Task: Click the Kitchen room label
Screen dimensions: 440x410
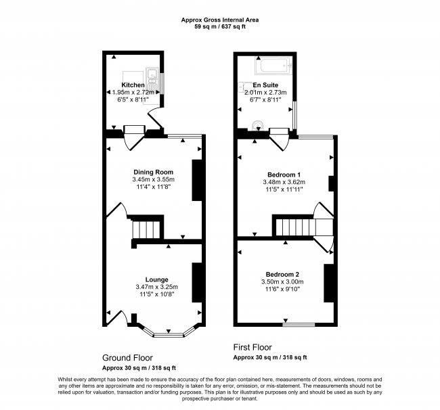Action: (x=133, y=85)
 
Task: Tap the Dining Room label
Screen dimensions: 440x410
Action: (x=153, y=172)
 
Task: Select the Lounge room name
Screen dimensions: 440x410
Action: (x=157, y=279)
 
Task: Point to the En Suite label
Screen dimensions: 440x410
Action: (x=265, y=85)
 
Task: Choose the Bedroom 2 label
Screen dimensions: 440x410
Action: (x=282, y=274)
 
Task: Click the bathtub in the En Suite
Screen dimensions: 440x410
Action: (x=273, y=66)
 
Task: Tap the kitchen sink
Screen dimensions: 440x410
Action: (x=152, y=77)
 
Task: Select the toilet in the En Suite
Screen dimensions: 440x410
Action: (x=258, y=125)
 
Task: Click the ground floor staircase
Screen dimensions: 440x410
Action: (x=146, y=229)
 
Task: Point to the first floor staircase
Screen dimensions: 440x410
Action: (x=304, y=227)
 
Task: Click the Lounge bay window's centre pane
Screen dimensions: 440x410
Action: (x=169, y=335)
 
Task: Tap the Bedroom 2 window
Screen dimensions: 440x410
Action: (x=299, y=325)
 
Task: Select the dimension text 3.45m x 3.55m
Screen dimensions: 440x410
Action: (x=153, y=179)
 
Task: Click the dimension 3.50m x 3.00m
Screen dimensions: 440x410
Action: (x=282, y=281)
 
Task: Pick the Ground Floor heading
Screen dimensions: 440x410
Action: (x=127, y=357)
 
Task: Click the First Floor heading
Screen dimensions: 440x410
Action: (x=252, y=347)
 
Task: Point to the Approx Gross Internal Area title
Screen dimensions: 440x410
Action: (x=220, y=20)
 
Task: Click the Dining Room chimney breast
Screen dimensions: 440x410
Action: (x=197, y=181)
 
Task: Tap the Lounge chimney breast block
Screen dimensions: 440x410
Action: (x=197, y=282)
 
